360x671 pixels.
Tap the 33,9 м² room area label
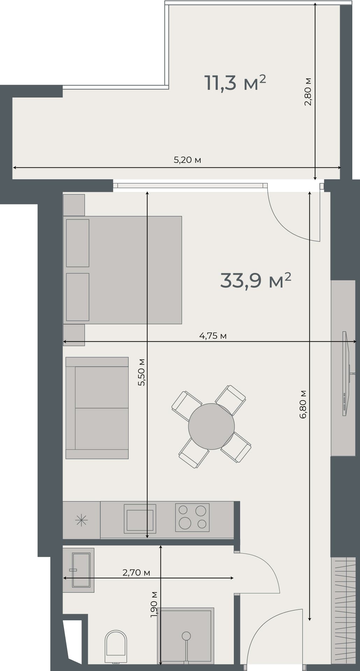point(255,280)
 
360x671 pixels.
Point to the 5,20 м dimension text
point(187,160)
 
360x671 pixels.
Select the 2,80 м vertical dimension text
point(308,92)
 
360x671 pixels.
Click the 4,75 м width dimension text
point(213,336)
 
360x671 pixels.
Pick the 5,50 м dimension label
point(142,372)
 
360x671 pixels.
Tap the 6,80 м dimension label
point(303,404)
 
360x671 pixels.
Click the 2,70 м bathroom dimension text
point(136,572)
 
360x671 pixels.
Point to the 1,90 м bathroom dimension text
point(154,605)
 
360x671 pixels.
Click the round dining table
point(211,426)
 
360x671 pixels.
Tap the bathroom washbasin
point(81,570)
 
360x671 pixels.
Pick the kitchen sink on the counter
point(140,520)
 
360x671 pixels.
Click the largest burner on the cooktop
point(185,523)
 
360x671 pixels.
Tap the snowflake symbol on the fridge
point(81,520)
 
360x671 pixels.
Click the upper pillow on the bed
point(78,243)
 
